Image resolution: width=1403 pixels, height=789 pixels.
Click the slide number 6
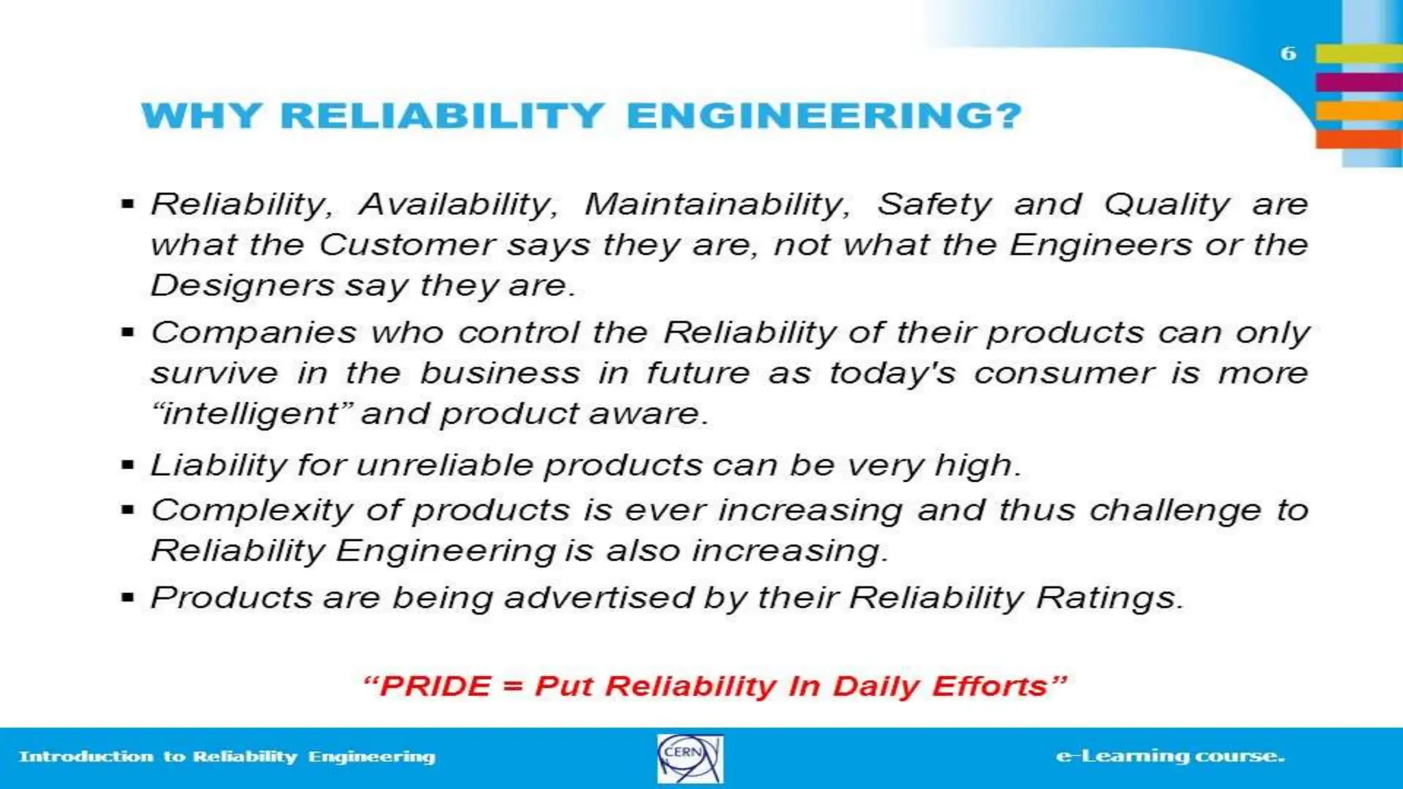click(1288, 53)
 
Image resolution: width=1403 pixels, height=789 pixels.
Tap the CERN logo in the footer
click(690, 758)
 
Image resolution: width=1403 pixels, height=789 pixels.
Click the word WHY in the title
click(201, 115)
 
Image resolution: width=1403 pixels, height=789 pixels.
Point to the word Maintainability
click(717, 204)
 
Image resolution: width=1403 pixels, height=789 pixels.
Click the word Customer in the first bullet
click(407, 245)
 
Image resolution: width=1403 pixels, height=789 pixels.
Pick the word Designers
click(242, 285)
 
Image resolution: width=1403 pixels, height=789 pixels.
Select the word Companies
click(253, 333)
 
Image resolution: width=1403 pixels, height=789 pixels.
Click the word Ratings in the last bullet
click(1109, 597)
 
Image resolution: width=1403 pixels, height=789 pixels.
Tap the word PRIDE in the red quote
click(436, 686)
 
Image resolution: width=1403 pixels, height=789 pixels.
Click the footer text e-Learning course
click(1170, 756)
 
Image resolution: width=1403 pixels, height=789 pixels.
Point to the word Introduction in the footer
click(86, 757)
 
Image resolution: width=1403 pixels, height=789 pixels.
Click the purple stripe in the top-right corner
click(1359, 82)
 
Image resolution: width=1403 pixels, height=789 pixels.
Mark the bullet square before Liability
click(127, 465)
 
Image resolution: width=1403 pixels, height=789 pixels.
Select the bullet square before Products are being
click(127, 597)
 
